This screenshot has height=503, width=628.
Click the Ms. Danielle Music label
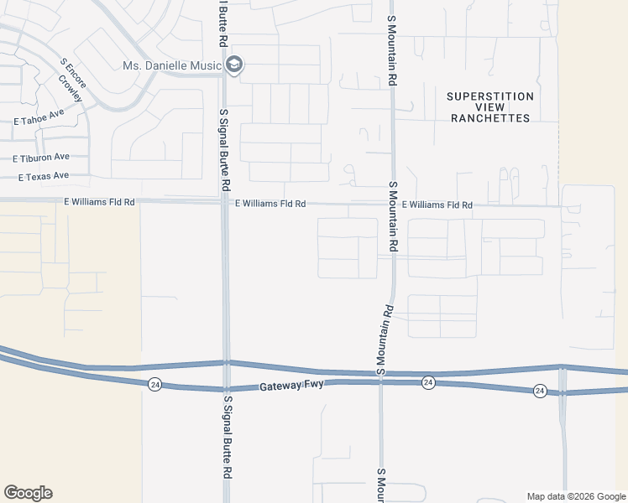170,65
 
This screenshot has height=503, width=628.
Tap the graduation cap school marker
234,65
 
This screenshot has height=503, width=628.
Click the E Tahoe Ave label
39,118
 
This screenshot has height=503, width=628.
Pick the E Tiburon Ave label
41,157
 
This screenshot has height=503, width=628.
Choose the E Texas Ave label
44,177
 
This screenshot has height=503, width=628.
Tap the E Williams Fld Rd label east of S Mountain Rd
437,205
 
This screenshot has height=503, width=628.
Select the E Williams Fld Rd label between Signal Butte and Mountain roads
270,204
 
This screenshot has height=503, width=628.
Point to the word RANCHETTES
490,118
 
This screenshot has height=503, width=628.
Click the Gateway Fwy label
291,386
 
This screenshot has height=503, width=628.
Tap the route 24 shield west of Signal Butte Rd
154,385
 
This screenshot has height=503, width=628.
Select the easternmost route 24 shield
540,391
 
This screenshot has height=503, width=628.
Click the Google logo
28,493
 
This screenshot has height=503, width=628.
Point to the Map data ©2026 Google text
575,496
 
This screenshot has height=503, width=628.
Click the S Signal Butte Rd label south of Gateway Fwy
227,436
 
